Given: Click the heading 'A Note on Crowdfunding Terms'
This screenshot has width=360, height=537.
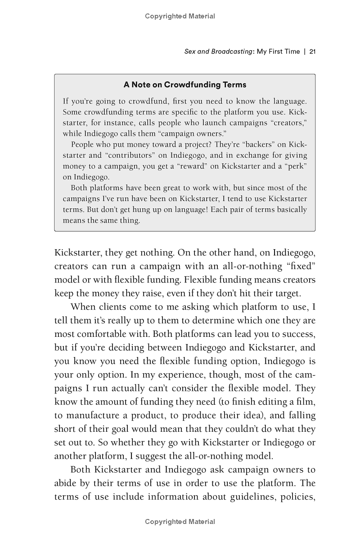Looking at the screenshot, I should (x=185, y=85).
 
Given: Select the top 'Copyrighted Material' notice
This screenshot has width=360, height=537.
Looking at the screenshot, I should (x=180, y=16).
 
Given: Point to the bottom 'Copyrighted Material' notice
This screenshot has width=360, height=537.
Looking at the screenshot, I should (x=180, y=522).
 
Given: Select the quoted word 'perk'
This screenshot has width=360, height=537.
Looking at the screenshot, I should (x=294, y=166).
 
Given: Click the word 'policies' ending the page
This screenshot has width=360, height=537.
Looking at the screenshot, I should (x=297, y=497).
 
